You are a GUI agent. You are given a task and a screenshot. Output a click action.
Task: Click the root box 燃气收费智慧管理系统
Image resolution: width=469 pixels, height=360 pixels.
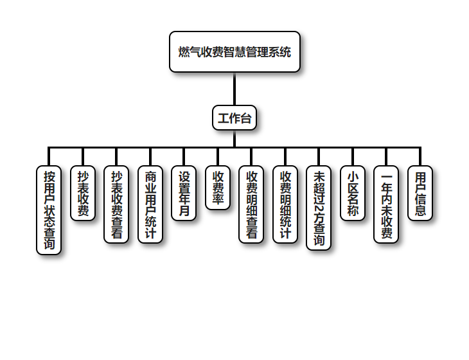click(234, 51)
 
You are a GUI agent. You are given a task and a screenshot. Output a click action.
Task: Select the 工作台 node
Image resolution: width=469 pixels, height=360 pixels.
click(234, 118)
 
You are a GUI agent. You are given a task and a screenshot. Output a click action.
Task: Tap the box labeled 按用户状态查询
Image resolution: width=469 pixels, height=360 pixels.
click(49, 210)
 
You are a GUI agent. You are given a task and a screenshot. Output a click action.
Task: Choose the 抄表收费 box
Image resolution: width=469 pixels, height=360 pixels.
click(83, 194)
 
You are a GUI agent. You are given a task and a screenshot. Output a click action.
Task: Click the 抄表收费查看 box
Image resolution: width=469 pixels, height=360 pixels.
click(117, 204)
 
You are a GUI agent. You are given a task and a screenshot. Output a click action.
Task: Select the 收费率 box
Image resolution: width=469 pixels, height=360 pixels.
click(218, 188)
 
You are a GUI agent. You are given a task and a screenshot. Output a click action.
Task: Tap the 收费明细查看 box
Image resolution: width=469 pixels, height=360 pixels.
click(252, 204)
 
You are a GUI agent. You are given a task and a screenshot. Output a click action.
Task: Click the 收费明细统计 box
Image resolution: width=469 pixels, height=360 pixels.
click(286, 204)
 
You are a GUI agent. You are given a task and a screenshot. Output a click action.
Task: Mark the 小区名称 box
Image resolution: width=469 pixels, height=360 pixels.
click(353, 194)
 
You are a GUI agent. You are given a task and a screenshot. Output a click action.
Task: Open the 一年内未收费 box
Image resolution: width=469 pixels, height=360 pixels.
click(387, 204)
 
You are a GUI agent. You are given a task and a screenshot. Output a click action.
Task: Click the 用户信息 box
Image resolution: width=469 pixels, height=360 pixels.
click(420, 194)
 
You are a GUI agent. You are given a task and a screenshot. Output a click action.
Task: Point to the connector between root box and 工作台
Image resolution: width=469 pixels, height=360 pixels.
click(234, 88)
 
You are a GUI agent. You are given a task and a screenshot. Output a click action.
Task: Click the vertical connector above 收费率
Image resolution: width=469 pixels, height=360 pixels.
click(218, 156)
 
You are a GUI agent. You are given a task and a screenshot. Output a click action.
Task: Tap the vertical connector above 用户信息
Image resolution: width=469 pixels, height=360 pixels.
click(420, 156)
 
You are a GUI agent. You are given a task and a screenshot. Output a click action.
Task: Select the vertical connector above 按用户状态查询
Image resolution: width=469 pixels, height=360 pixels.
click(49, 156)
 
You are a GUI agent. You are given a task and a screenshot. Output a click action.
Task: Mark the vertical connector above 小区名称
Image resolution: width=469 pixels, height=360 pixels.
click(353, 156)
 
